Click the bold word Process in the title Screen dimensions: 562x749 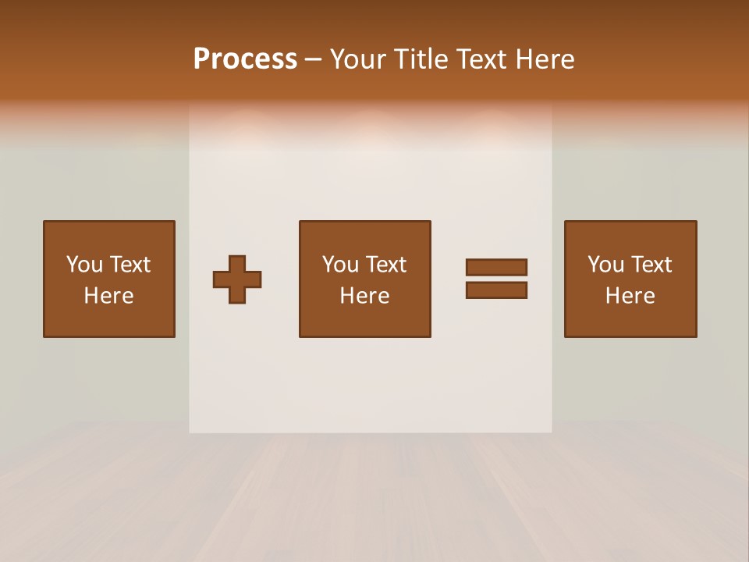(245, 59)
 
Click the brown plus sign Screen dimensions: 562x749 (237, 279)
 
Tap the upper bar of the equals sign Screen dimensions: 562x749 (496, 268)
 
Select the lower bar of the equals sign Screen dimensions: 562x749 (496, 290)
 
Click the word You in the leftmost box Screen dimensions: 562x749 (84, 265)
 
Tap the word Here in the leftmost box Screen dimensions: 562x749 (108, 296)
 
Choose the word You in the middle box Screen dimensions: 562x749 (340, 265)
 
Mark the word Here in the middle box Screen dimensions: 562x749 (364, 296)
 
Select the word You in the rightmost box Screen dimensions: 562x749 (605, 265)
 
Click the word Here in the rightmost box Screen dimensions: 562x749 (630, 296)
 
